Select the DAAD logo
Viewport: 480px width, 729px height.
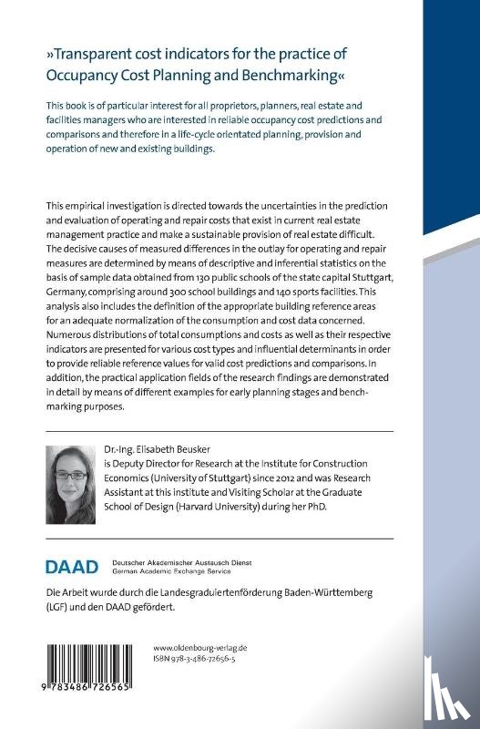[71, 567]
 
